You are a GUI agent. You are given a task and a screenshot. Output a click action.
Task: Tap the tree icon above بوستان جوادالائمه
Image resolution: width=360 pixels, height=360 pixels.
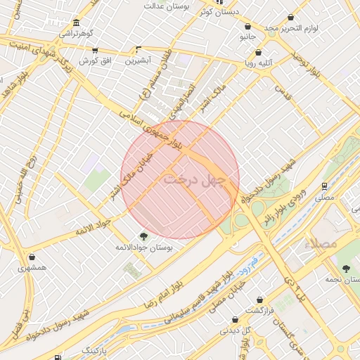tap(144, 237)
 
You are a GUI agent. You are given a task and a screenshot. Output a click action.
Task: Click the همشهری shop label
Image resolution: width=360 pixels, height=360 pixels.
tap(32, 268)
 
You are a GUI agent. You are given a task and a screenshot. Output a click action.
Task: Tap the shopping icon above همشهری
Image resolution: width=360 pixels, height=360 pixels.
tap(32, 257)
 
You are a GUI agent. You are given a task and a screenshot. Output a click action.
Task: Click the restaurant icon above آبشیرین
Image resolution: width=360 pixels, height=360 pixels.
tap(138, 51)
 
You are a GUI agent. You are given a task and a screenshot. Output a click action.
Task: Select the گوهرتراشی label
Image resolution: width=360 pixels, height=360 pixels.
tap(75, 33)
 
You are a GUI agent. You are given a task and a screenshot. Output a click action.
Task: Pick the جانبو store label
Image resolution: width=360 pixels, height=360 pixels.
tap(247, 35)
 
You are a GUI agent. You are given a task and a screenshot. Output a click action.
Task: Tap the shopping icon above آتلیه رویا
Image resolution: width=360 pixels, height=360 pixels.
tap(259, 52)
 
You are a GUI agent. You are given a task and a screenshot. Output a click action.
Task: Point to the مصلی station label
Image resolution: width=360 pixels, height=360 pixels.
tap(324, 198)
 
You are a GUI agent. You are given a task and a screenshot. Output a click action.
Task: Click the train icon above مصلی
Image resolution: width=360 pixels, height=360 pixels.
tap(324, 187)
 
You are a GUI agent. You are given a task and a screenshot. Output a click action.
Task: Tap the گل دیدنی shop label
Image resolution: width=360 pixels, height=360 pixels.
tap(233, 330)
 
